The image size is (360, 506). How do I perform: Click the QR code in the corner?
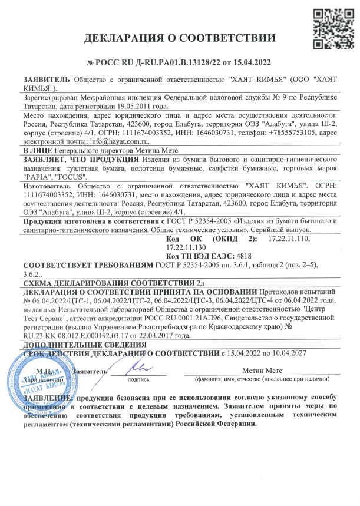coord(327,26)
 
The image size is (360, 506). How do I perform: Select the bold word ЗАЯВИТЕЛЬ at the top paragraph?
coord(46,78)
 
